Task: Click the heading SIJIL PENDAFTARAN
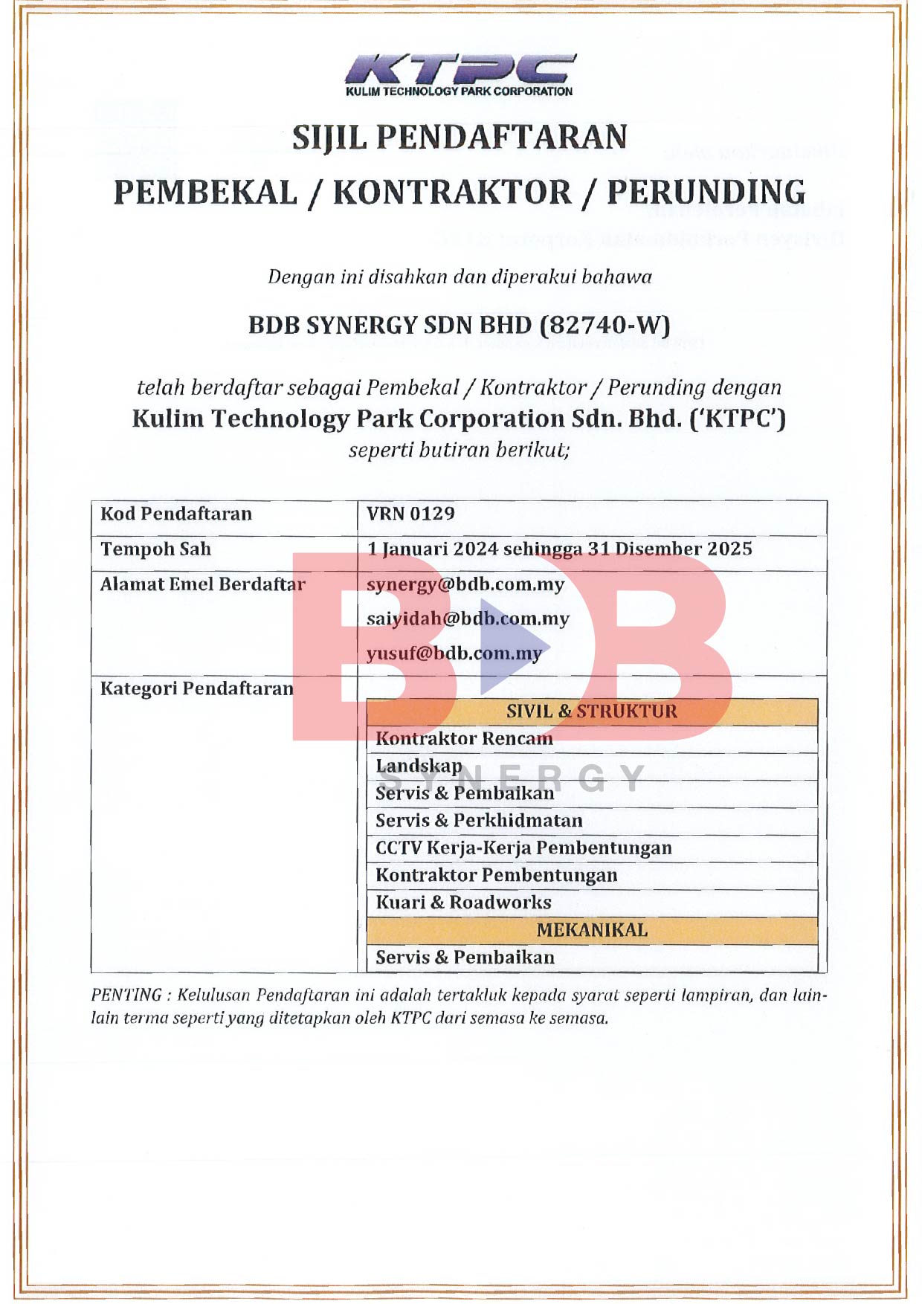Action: pyautogui.click(x=460, y=138)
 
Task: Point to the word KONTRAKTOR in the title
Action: pyautogui.click(x=452, y=192)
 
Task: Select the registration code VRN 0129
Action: pyautogui.click(x=410, y=514)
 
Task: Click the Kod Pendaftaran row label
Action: pyautogui.click(x=176, y=514)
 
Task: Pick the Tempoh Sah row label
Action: pyautogui.click(x=156, y=549)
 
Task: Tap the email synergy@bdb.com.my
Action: pyautogui.click(x=465, y=584)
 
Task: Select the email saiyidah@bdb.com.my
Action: pyautogui.click(x=468, y=619)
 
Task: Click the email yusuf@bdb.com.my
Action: pyautogui.click(x=454, y=653)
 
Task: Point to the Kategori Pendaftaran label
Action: pyautogui.click(x=197, y=688)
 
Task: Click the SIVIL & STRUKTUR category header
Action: pyautogui.click(x=592, y=711)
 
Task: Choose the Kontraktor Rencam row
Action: pyautogui.click(x=464, y=739)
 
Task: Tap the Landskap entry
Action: pyautogui.click(x=419, y=766)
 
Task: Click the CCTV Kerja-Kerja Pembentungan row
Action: pyautogui.click(x=523, y=848)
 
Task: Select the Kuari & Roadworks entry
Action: pyautogui.click(x=463, y=903)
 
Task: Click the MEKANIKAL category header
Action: pyautogui.click(x=592, y=930)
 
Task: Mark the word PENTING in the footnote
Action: pyautogui.click(x=126, y=995)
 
